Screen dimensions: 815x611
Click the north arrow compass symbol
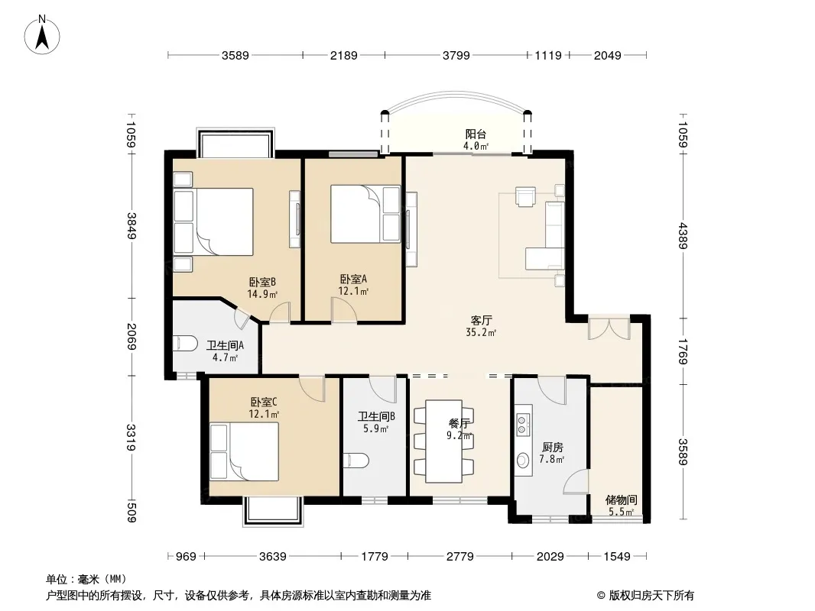(x=42, y=35)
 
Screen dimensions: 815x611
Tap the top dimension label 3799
(x=456, y=56)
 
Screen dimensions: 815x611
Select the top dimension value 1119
(x=548, y=56)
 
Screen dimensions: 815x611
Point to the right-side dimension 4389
(x=683, y=236)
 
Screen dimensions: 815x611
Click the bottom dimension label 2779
(x=460, y=557)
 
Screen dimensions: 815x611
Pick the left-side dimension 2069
(x=132, y=336)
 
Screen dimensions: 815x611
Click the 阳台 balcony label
(x=476, y=134)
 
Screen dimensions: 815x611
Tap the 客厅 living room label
(x=482, y=320)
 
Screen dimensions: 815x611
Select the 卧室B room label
(x=262, y=283)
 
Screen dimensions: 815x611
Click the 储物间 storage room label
(x=621, y=500)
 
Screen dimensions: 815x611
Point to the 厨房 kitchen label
(x=552, y=447)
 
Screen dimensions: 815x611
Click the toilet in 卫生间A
(x=185, y=344)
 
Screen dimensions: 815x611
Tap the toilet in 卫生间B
(x=356, y=461)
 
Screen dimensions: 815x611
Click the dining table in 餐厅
(x=443, y=441)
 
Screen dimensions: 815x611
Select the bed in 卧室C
(x=245, y=451)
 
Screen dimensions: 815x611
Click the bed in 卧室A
(x=366, y=214)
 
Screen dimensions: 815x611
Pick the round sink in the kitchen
(x=523, y=460)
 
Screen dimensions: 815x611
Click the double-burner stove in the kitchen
(x=522, y=424)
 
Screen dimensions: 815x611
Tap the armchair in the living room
(x=525, y=196)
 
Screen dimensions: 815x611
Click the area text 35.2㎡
(x=481, y=333)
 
